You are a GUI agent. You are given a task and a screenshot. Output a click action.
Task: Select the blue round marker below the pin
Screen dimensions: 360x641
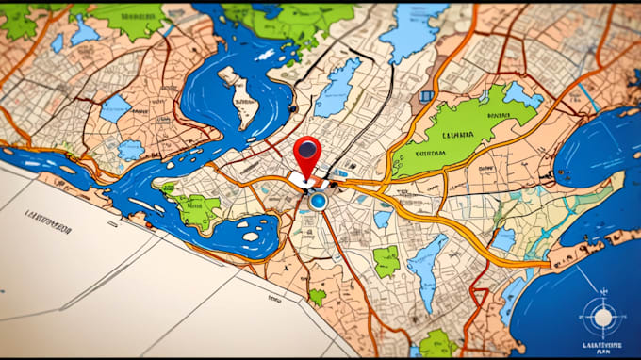coord(318,201)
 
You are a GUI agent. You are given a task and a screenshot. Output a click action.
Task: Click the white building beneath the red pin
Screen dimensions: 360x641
coord(307,179)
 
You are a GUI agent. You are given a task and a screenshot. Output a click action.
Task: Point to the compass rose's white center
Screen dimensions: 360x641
coord(601,318)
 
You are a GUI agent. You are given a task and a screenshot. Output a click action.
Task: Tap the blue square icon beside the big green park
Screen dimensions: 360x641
coord(426,95)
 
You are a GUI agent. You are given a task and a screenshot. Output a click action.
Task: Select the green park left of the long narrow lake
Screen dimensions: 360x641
coord(386,261)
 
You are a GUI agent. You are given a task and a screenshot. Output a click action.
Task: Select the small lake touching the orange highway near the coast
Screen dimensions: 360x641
coord(503,240)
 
